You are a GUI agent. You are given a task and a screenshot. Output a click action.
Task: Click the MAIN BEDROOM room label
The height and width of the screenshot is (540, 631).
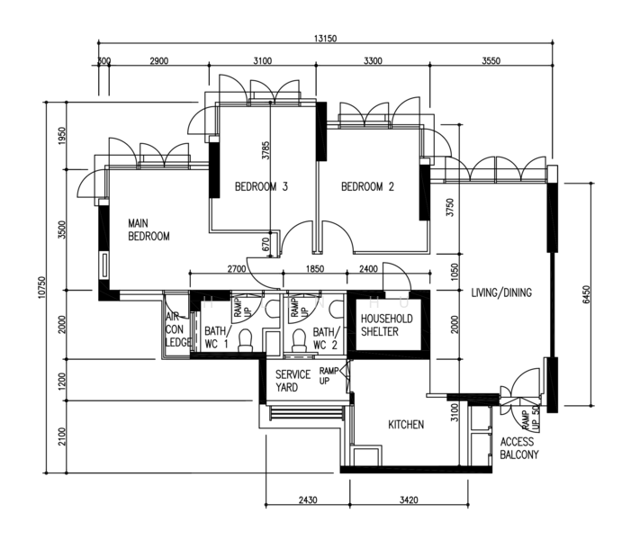[149, 229]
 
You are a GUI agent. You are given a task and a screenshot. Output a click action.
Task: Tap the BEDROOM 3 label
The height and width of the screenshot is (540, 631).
[261, 186]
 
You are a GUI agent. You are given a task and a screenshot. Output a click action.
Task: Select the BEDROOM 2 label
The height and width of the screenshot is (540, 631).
[367, 186]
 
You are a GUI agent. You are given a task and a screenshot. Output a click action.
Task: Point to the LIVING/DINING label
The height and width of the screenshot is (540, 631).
[501, 292]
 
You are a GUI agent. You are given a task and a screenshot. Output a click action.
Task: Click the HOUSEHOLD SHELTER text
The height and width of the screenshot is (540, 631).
[387, 325]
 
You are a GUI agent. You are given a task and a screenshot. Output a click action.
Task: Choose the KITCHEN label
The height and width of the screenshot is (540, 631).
[406, 425]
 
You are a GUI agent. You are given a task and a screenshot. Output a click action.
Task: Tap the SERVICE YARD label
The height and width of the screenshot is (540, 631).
[293, 381]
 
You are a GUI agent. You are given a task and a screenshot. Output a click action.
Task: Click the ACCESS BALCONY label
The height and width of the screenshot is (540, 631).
[519, 448]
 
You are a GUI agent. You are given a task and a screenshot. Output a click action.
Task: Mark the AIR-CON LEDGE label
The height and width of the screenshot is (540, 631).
[177, 329]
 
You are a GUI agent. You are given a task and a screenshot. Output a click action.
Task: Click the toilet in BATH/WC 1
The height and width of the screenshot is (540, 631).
[245, 340]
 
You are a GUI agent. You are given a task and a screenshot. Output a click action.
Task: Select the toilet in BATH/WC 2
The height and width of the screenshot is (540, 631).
[299, 340]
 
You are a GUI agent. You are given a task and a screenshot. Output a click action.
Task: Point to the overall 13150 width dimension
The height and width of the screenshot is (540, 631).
[325, 39]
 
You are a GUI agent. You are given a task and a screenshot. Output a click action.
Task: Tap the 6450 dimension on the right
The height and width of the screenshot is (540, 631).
[586, 294]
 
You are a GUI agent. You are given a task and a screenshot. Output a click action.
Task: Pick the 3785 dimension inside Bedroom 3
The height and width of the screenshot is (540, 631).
[266, 150]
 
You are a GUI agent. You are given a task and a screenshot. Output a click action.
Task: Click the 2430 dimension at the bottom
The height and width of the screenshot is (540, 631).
[308, 499]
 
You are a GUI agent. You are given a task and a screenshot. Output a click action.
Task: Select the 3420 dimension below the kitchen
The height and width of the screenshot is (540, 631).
[409, 499]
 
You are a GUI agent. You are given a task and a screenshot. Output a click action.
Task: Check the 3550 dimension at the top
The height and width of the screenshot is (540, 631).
[491, 61]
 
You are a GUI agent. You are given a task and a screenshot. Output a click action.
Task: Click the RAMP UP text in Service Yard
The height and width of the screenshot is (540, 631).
[329, 375]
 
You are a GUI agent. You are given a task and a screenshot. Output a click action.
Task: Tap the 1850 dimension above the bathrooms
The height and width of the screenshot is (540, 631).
[315, 268]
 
